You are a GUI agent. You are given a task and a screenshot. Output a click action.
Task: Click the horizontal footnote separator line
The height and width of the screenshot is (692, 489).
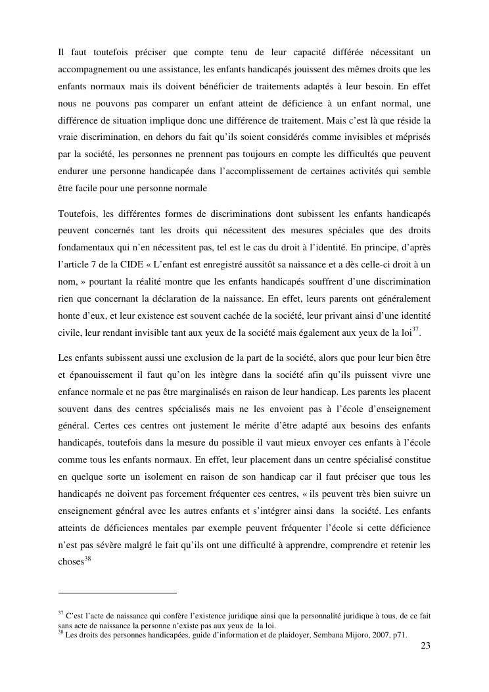tap(118, 593)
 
